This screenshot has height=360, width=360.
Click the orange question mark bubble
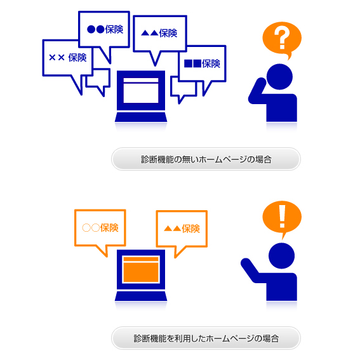[x=282, y=39]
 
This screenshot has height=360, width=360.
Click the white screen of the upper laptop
[x=141, y=90]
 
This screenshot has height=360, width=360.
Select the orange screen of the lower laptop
[x=141, y=269]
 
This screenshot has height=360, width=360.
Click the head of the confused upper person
[x=279, y=77]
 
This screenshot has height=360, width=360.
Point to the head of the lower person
[x=281, y=256]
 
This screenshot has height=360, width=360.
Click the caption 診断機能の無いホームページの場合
[x=206, y=159]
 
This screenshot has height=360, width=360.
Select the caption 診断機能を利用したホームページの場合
[x=206, y=338]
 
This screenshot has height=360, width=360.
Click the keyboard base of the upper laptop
[x=141, y=117]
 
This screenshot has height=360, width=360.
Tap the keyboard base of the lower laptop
[x=141, y=296]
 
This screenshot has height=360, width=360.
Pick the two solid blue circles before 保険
[x=96, y=29]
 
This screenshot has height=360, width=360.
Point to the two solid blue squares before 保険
[x=192, y=63]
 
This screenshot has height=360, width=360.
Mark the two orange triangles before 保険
[x=173, y=229]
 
